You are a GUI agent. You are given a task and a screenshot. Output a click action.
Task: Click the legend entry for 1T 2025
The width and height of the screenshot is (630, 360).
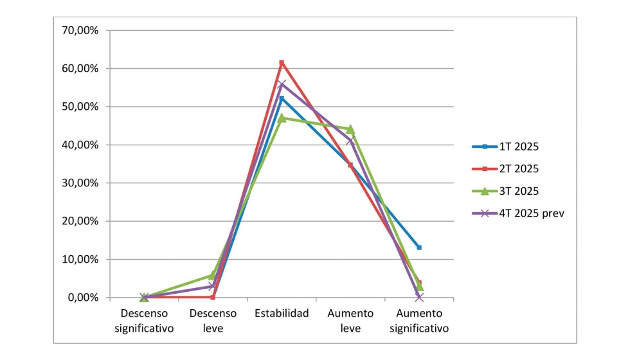tap(519, 147)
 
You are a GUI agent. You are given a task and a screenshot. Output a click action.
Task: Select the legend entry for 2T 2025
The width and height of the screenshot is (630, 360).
tap(519, 168)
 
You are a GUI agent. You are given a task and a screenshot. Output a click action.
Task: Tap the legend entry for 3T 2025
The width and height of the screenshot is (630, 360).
tap(519, 191)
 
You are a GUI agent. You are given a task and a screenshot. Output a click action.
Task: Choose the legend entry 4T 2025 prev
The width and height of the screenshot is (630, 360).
tap(531, 213)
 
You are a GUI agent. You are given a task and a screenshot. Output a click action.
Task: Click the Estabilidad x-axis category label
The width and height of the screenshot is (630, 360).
tap(282, 314)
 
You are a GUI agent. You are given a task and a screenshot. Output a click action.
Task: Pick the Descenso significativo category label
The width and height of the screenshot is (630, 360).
tap(144, 321)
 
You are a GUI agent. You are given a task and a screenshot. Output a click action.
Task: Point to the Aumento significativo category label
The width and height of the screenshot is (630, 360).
tap(419, 321)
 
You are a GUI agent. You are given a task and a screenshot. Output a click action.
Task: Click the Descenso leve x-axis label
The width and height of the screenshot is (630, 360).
tap(213, 321)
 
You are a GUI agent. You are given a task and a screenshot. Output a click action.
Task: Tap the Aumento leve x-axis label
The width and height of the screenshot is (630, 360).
tap(350, 321)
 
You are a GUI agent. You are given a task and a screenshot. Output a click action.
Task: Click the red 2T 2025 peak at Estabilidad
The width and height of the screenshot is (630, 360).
tap(282, 62)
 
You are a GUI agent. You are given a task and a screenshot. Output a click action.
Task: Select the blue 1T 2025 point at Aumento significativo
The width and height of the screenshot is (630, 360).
tap(419, 248)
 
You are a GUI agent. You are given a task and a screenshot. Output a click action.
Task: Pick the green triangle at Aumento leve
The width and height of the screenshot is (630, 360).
tap(350, 129)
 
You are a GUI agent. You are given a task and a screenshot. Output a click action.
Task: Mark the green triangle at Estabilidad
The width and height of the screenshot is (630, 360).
tap(282, 118)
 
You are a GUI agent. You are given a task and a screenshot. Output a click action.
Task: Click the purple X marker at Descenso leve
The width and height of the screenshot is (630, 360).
tap(213, 286)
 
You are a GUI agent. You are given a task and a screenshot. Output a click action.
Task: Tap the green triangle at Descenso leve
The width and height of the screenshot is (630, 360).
tap(213, 275)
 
